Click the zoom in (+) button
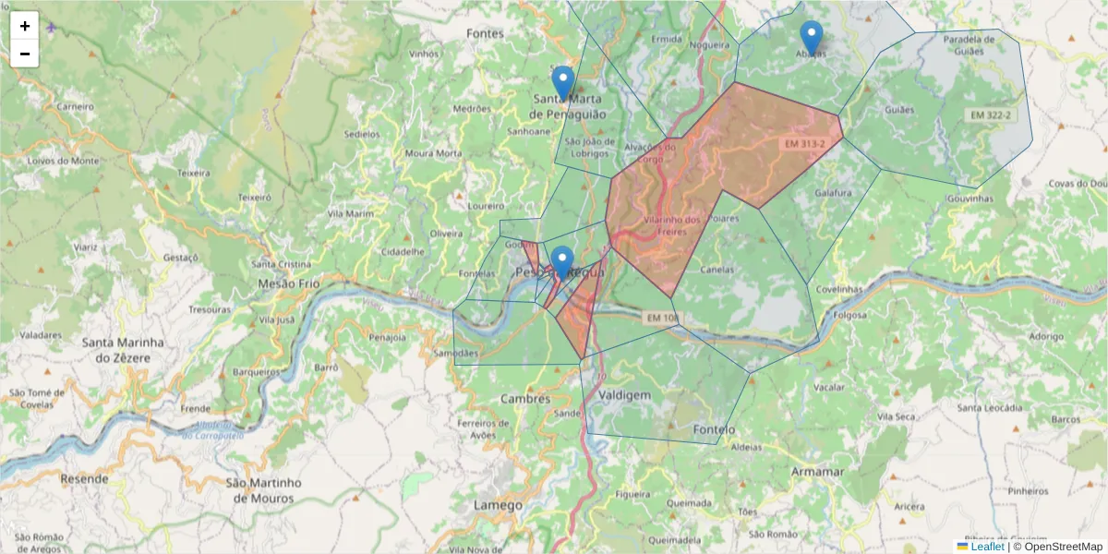click(25, 26)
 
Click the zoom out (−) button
click(25, 54)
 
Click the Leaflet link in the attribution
click(986, 547)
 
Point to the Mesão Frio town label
click(288, 283)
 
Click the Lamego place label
click(498, 505)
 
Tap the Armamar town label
click(817, 472)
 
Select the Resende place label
click(84, 479)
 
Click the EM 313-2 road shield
click(805, 144)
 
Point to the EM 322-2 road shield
click(991, 114)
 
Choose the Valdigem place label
click(624, 395)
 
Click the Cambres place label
click(525, 399)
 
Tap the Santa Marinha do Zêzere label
click(123, 350)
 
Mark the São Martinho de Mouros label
click(264, 490)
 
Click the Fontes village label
click(485, 33)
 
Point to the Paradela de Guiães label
click(975, 45)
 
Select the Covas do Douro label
click(1077, 183)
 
